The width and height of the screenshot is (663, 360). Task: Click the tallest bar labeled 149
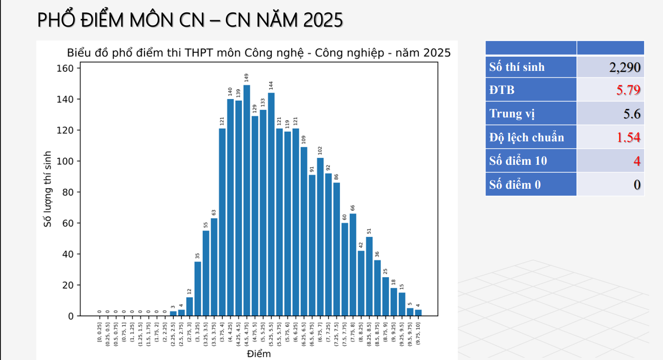[x=247, y=200]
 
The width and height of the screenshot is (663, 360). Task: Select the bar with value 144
[x=271, y=204]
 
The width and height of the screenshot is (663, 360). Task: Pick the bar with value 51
[x=369, y=276]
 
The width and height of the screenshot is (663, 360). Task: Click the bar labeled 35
[x=198, y=289]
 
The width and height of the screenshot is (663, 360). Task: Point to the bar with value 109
[x=304, y=231]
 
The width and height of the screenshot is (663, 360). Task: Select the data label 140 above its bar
[x=230, y=92]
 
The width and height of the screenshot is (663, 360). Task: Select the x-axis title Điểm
[x=259, y=354]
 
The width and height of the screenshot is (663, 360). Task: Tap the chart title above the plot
[x=259, y=53]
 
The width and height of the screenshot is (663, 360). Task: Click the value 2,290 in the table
[x=624, y=67]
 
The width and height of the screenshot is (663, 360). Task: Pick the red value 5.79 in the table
[x=628, y=90]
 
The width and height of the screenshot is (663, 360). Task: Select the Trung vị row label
[x=512, y=114]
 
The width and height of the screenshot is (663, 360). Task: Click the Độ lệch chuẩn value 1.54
[x=628, y=137]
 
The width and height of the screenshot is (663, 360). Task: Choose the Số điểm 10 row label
[x=518, y=161]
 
